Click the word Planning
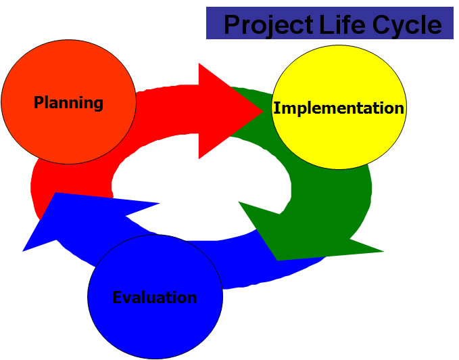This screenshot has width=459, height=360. [x=68, y=103]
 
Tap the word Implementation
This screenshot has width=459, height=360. [x=339, y=108]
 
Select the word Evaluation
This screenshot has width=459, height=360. [x=155, y=297]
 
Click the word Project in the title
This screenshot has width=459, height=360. [x=268, y=25]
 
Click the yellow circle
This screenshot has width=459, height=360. [x=339, y=107]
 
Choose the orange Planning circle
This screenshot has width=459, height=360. [x=69, y=102]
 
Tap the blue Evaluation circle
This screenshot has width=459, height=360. [x=155, y=296]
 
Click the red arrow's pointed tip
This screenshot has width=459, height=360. [x=263, y=111]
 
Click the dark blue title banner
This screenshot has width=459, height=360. [x=330, y=23]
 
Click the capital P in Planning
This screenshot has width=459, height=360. [x=39, y=102]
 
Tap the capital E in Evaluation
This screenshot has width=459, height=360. [x=117, y=297]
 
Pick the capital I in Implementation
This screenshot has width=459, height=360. [x=276, y=108]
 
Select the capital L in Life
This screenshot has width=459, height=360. [x=326, y=24]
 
